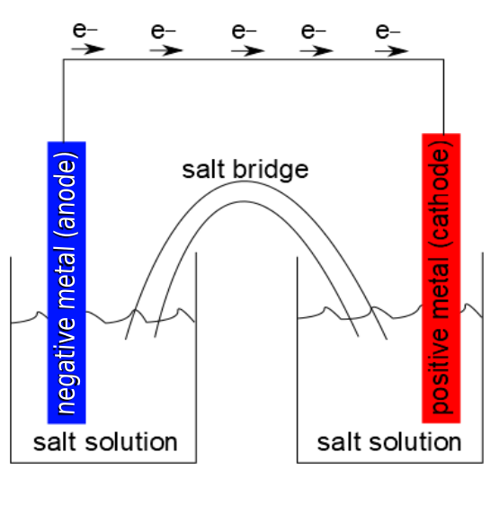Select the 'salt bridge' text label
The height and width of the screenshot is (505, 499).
pyautogui.click(x=245, y=169)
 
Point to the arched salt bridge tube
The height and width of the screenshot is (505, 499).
pyautogui.click(x=244, y=192)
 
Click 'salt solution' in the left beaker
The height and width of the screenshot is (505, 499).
pyautogui.click(x=105, y=442)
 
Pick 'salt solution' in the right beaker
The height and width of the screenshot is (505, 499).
pyautogui.click(x=390, y=442)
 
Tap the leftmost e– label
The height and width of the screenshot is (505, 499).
pyautogui.click(x=85, y=31)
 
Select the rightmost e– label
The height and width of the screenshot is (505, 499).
pyautogui.click(x=389, y=31)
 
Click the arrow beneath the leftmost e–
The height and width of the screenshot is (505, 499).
pyautogui.click(x=87, y=49)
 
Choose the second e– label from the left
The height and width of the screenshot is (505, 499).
pyautogui.click(x=164, y=31)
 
